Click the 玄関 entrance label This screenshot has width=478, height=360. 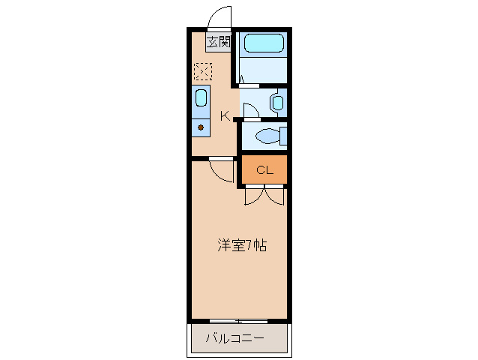click(x=218, y=42)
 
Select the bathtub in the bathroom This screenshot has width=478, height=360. click(x=264, y=43)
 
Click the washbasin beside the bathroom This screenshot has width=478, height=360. click(x=277, y=103)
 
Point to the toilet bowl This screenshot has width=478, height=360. click(x=266, y=136)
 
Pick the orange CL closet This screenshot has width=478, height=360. click(x=264, y=169)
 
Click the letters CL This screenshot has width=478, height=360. click(x=264, y=170)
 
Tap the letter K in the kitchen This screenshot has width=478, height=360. click(x=224, y=115)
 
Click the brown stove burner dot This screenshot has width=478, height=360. click(x=201, y=128)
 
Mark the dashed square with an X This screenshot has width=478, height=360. click(x=203, y=72)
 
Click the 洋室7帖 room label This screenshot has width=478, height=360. click(x=241, y=244)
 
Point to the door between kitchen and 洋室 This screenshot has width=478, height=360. click(x=220, y=171)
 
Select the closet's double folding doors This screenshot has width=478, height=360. click(x=264, y=195)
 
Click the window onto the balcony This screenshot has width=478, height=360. click(x=238, y=321)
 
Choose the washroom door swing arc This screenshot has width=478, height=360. click(x=250, y=109)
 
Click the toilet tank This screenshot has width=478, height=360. click(x=283, y=136)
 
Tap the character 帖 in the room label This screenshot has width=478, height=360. click(x=259, y=244)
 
